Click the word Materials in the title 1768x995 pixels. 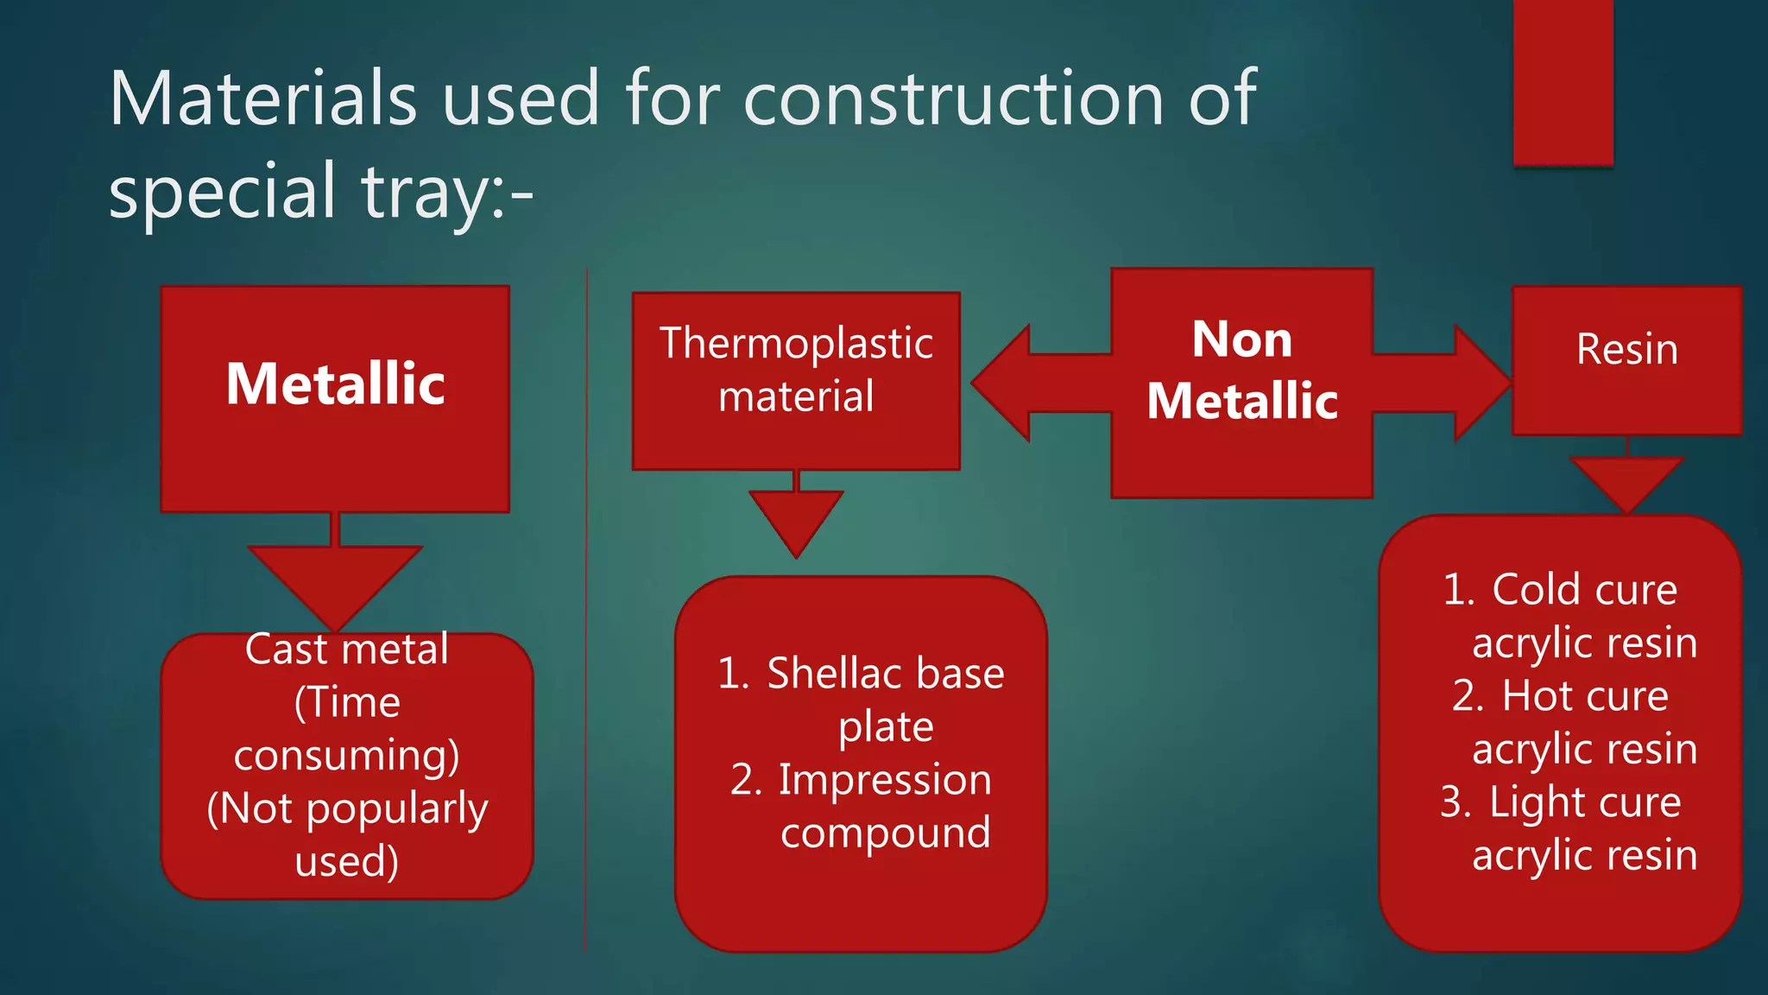click(263, 98)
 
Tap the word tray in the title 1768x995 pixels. click(422, 192)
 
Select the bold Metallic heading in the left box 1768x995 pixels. click(335, 383)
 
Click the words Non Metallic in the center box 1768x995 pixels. click(1241, 370)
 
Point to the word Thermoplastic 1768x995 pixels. click(796, 344)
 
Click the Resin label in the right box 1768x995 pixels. click(1626, 350)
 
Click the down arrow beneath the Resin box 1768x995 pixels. click(1626, 482)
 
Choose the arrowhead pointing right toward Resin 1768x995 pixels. click(1480, 383)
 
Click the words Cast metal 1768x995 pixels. click(347, 650)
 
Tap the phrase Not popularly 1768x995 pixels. click(347, 809)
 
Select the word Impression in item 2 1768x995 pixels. click(885, 780)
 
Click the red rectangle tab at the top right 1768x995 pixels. click(1563, 82)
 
